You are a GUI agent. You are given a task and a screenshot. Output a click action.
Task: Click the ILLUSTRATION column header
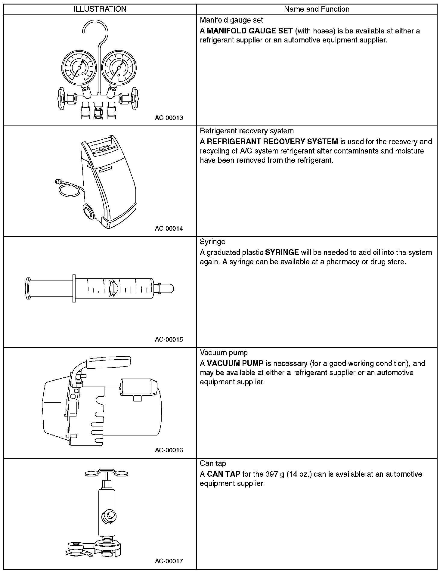[100, 9]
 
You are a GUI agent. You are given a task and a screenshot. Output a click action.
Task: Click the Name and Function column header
[317, 9]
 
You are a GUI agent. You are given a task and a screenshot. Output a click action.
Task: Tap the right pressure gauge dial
[119, 67]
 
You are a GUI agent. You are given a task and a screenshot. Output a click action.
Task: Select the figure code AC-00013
[169, 118]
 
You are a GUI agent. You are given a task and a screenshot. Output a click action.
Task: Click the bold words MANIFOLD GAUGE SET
[250, 31]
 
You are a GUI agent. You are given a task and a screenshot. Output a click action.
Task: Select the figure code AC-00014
[169, 228]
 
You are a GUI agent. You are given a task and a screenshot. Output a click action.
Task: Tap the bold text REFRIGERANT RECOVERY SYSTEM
[272, 142]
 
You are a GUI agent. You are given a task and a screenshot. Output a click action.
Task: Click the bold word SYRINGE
[282, 252]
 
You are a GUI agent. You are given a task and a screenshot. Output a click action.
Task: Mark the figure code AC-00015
[169, 339]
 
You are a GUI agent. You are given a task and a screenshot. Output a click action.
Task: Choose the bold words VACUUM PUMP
[235, 363]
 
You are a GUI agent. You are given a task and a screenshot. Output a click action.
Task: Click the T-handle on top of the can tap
[107, 473]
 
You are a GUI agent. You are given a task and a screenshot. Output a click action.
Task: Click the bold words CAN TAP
[224, 474]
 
